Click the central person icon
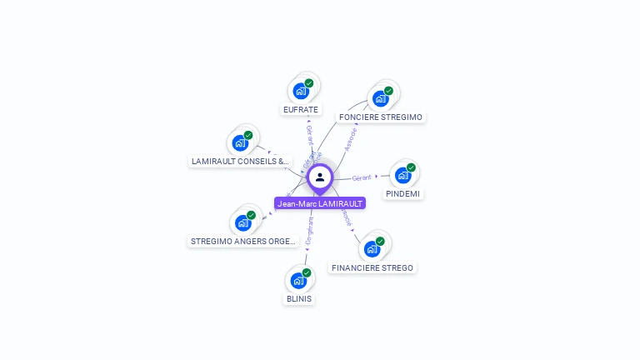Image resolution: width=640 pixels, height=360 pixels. (x=320, y=177)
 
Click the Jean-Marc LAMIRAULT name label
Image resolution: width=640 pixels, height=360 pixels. (x=320, y=203)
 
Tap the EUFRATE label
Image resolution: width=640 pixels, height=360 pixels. (x=301, y=109)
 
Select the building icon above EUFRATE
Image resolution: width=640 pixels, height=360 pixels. (x=300, y=91)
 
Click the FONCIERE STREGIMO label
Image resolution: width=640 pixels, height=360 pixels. (x=381, y=117)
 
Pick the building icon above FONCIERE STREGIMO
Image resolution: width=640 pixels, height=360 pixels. (x=380, y=98)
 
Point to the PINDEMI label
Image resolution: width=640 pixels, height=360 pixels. (x=403, y=193)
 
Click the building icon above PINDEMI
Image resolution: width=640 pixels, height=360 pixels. (x=402, y=175)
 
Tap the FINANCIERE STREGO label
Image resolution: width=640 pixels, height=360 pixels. (x=372, y=267)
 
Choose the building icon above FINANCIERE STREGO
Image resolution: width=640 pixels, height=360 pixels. (x=372, y=248)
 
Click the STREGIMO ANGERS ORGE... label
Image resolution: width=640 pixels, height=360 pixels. (x=243, y=242)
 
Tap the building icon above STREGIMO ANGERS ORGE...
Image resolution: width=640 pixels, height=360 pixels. (x=242, y=222)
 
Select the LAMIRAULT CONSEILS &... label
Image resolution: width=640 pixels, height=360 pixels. (x=240, y=161)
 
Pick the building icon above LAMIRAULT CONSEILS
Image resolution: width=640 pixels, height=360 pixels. (x=240, y=142)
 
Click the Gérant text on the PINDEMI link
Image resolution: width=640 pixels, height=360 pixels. (x=362, y=177)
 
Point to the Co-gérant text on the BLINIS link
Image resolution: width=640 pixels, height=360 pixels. (x=310, y=230)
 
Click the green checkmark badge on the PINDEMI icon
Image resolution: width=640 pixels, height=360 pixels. (x=411, y=167)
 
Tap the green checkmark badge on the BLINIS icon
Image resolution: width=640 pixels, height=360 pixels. (x=307, y=272)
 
